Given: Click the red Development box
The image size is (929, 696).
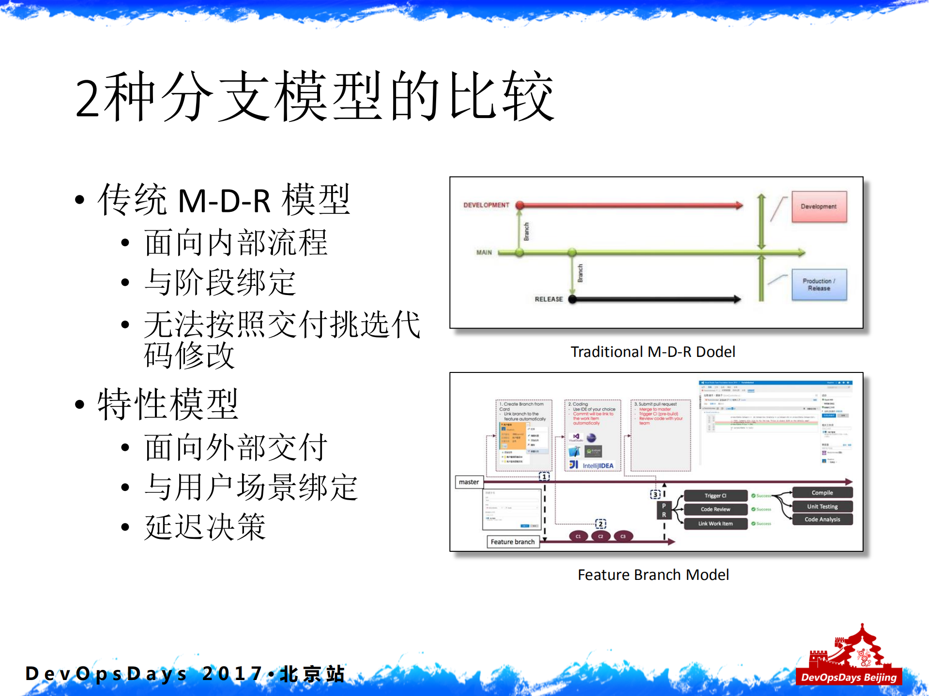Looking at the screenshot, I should pos(819,207).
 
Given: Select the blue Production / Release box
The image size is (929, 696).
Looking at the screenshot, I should pos(819,284).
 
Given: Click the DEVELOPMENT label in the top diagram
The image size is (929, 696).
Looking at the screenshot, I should pos(486,205).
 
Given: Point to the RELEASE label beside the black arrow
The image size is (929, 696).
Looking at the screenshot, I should pos(548,299).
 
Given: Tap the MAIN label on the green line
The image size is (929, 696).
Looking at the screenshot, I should pos(484,252).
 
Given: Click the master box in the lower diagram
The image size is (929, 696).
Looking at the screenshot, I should pos(469,482).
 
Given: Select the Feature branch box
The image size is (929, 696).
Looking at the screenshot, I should pos(512,542).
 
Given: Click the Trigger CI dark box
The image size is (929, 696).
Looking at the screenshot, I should pos(715,496).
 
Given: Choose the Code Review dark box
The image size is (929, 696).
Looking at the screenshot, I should pos(715,509).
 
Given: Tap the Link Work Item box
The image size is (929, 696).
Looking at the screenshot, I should pos(715,523).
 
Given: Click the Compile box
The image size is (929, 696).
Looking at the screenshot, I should pos(822,493).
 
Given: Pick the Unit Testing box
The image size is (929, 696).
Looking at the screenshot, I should pos(822,506).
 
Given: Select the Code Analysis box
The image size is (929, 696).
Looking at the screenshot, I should pos(822,519).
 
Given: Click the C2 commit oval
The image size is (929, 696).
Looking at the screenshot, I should pos(600,536).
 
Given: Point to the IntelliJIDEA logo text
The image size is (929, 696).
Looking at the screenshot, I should pos(597,466).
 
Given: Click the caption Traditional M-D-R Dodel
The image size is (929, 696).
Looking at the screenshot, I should pos(653,352).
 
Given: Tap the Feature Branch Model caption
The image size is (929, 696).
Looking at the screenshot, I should pos(653,575).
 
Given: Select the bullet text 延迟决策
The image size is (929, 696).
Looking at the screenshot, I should pos(205,527).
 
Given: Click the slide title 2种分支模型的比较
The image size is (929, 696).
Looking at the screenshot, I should pos(315,97).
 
